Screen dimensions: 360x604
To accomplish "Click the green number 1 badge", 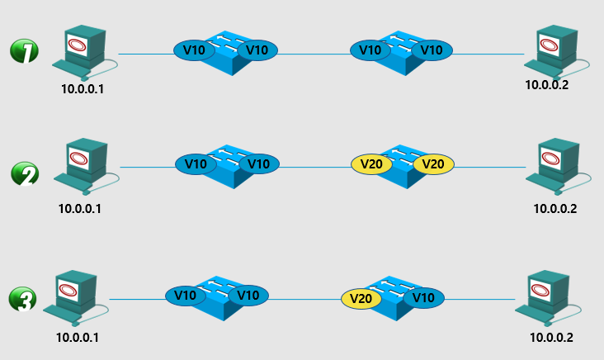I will coord(25,52).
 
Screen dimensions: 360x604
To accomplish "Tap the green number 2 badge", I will coord(25,174).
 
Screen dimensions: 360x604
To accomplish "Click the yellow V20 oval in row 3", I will coord(361,297).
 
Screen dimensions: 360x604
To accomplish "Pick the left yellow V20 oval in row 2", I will coord(371,164).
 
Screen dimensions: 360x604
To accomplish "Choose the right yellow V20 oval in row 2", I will coord(433,164).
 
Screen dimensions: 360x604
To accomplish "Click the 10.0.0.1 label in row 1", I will coord(83,88).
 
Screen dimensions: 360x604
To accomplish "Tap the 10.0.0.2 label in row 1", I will coord(549,83).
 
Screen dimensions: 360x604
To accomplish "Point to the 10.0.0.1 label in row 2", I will coord(80,208).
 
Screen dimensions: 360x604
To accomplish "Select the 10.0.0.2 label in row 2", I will coord(555,208).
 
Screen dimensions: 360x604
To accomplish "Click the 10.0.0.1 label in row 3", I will coord(78,337).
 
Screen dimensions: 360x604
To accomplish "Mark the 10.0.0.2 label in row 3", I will coord(550,337).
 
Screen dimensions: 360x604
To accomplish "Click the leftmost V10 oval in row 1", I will coord(195,50).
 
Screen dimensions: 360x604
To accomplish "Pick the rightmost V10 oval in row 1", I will coord(432,50).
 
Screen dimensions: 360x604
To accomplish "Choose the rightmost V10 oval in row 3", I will coord(423,297).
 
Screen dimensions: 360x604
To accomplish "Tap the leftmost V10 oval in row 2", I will coord(196,163).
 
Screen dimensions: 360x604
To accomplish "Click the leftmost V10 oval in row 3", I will coord(186,296).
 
